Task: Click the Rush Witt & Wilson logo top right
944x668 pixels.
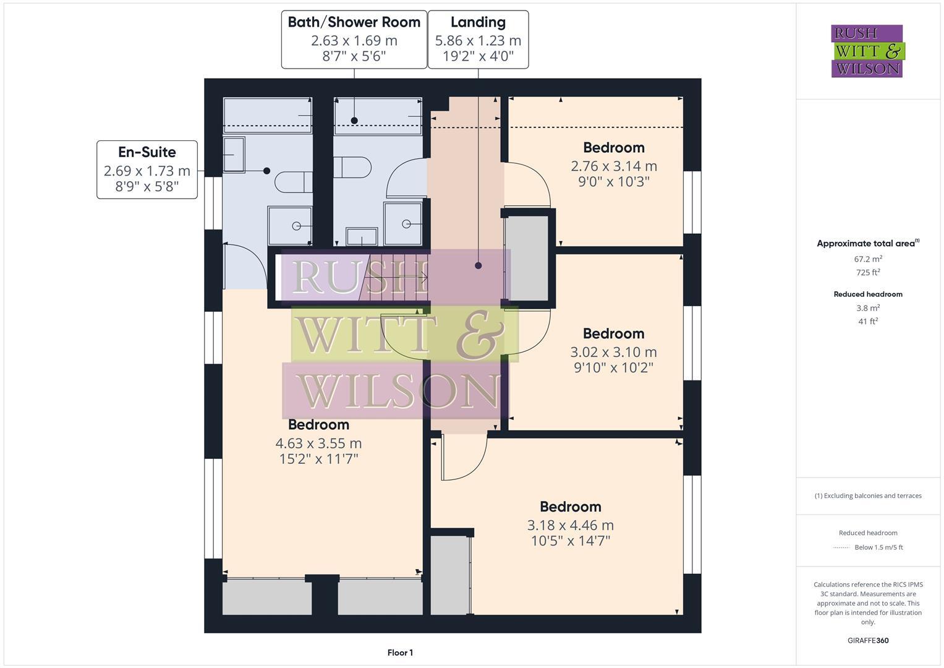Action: (x=867, y=51)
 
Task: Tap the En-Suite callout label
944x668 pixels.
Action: (x=147, y=152)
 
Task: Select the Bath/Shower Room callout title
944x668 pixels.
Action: (x=354, y=22)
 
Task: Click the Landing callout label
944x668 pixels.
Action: (x=478, y=22)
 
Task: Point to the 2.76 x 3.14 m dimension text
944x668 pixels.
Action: (x=613, y=166)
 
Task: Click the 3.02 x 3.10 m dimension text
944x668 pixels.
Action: (x=613, y=352)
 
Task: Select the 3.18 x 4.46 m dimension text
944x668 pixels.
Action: (x=570, y=525)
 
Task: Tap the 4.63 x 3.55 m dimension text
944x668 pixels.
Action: (x=318, y=443)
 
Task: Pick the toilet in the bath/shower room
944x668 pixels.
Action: (x=352, y=167)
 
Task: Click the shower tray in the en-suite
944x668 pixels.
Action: (x=289, y=226)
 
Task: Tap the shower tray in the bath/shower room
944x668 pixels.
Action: (x=403, y=223)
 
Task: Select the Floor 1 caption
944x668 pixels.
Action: (x=400, y=653)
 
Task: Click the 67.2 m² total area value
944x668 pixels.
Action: (x=868, y=259)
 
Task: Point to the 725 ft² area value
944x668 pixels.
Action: (x=868, y=273)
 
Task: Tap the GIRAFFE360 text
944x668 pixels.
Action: (x=868, y=640)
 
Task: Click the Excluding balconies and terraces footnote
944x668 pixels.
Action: (x=868, y=495)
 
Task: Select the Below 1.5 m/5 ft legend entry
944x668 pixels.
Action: (x=878, y=547)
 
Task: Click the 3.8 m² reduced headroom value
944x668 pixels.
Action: (x=868, y=308)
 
